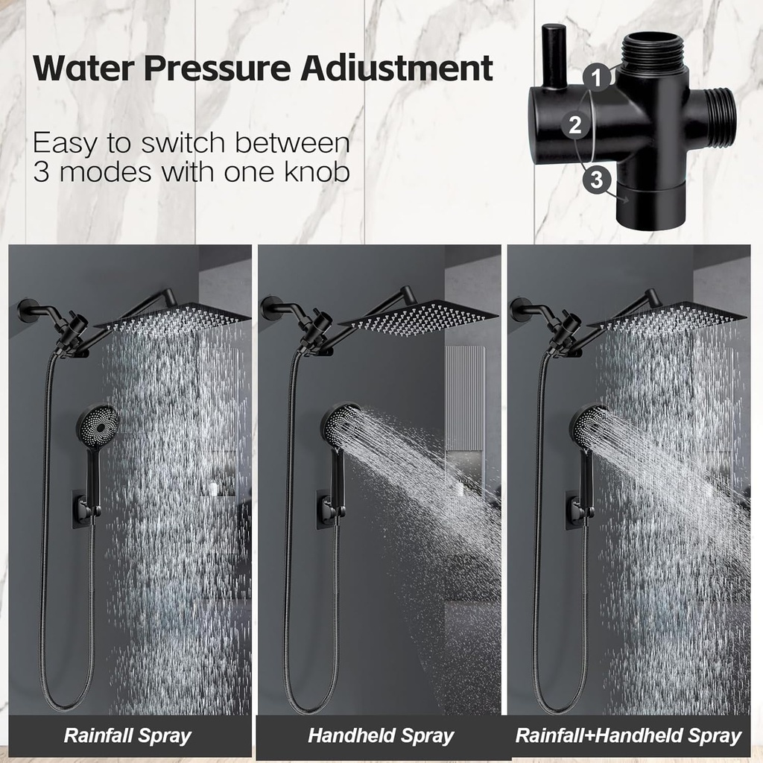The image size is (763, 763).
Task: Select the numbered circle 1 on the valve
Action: tap(594, 77)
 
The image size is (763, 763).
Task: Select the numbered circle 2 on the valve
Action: tap(574, 124)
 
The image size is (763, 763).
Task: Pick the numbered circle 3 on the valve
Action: tap(595, 179)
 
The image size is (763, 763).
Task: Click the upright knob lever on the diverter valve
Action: tap(554, 56)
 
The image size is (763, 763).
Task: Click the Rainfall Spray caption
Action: tap(127, 736)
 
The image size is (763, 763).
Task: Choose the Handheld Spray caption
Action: tap(381, 736)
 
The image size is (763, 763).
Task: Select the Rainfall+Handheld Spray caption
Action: tap(628, 736)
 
